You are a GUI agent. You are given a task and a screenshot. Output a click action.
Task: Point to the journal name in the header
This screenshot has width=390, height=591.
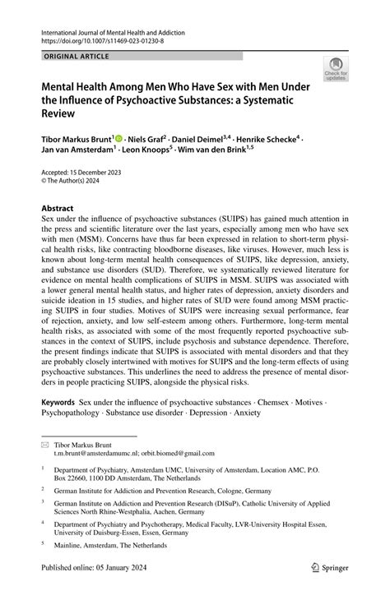(112, 31)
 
